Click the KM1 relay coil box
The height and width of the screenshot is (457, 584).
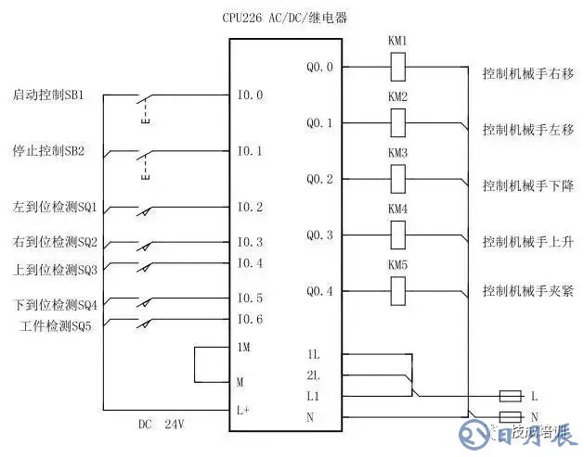(x=397, y=67)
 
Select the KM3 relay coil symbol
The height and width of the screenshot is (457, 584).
(x=397, y=178)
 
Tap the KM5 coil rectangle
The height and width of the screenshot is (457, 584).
(x=397, y=291)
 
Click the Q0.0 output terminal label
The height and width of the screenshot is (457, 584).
(x=318, y=67)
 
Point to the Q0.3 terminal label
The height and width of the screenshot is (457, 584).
(x=318, y=235)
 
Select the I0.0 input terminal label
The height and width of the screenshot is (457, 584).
(x=250, y=95)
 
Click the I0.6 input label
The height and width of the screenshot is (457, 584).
(x=250, y=320)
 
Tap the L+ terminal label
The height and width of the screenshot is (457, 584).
(x=243, y=409)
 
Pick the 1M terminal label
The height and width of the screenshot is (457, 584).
(x=243, y=346)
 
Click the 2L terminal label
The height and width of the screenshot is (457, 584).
(x=313, y=375)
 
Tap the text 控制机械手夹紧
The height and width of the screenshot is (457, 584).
(x=527, y=291)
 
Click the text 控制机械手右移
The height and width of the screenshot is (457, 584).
(x=527, y=72)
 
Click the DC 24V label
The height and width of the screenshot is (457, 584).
(x=162, y=425)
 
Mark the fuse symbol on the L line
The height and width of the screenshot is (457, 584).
(x=510, y=396)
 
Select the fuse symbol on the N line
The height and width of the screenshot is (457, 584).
(x=510, y=416)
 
